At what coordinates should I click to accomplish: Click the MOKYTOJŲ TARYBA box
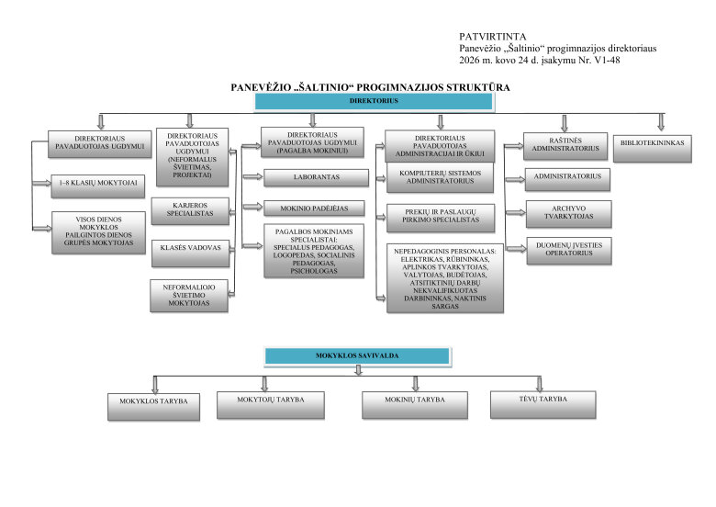[272, 402]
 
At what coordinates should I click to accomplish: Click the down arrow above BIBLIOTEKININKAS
[660, 121]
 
